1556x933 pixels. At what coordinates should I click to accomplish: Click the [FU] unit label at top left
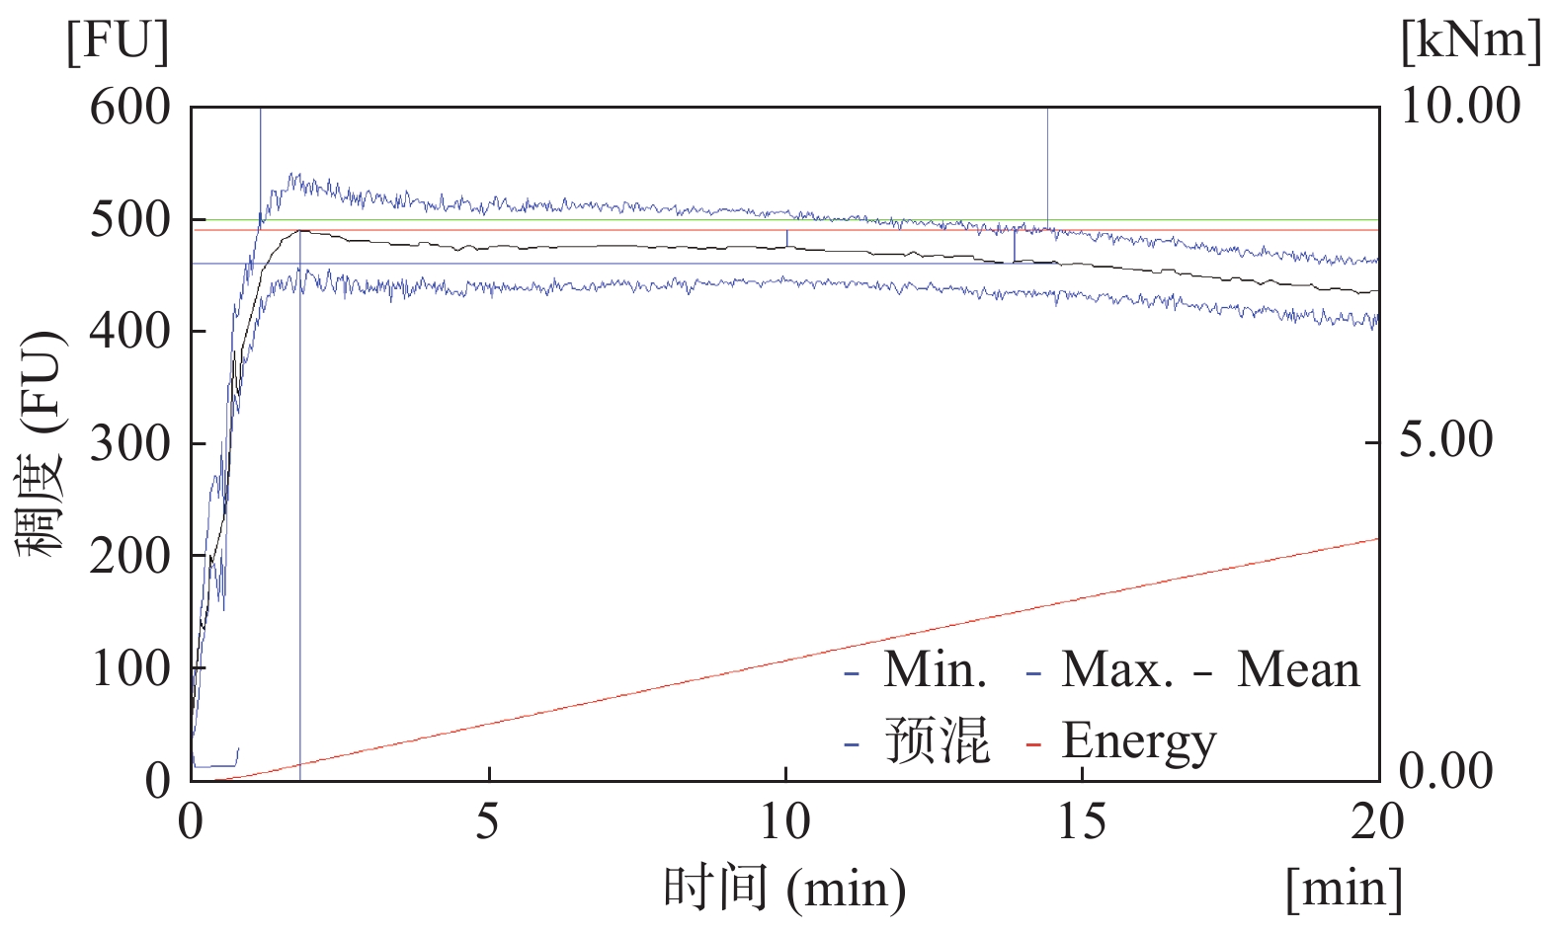pyautogui.click(x=118, y=42)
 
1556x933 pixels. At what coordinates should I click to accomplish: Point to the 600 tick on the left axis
pyautogui.click(x=129, y=107)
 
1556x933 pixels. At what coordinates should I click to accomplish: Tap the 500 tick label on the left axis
pyautogui.click(x=129, y=219)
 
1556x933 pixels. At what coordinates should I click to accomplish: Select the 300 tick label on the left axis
pyautogui.click(x=129, y=444)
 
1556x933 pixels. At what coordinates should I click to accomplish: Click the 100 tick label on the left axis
pyautogui.click(x=129, y=669)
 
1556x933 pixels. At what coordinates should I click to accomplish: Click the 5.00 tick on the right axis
pyautogui.click(x=1446, y=439)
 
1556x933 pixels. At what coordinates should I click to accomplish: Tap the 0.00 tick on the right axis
pyautogui.click(x=1446, y=771)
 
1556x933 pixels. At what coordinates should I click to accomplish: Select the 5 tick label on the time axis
pyautogui.click(x=488, y=821)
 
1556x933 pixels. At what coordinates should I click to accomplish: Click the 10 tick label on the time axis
pyautogui.click(x=785, y=821)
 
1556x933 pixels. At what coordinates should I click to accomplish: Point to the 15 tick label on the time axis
pyautogui.click(x=1082, y=821)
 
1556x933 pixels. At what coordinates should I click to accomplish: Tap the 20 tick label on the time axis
pyautogui.click(x=1377, y=821)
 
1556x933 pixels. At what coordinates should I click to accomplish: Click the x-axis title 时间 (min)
pyautogui.click(x=784, y=888)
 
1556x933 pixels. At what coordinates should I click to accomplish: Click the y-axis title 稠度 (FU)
pyautogui.click(x=42, y=444)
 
